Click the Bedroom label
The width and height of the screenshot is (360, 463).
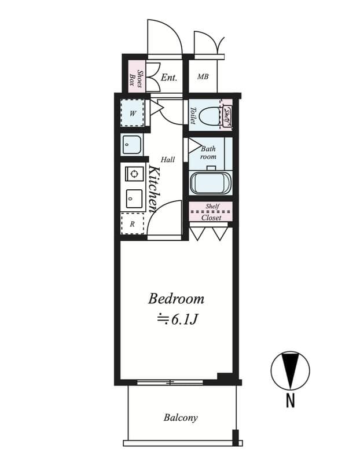click(x=176, y=299)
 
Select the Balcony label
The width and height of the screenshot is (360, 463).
click(x=180, y=417)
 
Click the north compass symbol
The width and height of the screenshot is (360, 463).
click(x=290, y=370)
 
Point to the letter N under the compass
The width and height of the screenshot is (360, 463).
click(x=290, y=400)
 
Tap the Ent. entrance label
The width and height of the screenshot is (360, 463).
click(x=168, y=77)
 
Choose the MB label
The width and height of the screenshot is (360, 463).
click(x=203, y=77)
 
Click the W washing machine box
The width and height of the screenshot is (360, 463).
click(x=133, y=113)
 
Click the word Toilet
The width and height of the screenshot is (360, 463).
click(x=193, y=115)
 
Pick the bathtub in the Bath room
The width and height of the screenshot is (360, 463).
click(x=210, y=183)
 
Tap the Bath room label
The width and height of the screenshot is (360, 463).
click(x=208, y=153)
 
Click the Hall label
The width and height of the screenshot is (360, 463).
click(x=167, y=160)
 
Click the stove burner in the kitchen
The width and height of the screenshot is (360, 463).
click(x=134, y=174)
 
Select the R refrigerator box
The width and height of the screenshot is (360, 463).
click(x=133, y=223)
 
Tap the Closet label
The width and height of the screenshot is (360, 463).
click(x=211, y=218)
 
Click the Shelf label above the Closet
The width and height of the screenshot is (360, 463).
click(x=212, y=206)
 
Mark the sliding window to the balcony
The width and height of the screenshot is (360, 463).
click(x=170, y=382)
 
